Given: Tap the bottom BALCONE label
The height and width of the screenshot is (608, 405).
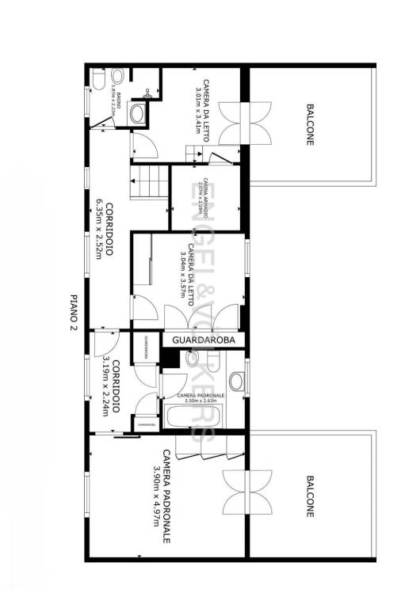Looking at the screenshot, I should [x=309, y=496].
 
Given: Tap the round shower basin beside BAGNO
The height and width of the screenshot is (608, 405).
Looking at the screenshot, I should [x=138, y=112].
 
